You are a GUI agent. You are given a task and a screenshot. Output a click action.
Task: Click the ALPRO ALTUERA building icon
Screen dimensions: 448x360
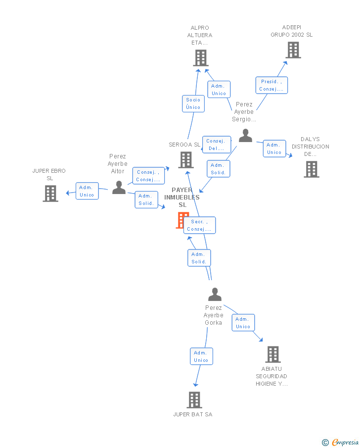click(200, 58)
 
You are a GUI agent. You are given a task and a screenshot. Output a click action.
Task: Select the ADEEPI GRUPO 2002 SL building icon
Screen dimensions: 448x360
click(293, 50)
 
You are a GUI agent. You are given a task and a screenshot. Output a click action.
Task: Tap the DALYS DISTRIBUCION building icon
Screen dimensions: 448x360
click(311, 169)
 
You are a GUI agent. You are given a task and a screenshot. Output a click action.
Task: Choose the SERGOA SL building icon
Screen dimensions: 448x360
click(185, 160)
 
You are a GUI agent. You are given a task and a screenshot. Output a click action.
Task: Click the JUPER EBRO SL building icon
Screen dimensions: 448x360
click(50, 194)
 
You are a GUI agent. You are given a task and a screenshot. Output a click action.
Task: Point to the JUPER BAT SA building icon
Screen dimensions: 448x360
click(194, 400)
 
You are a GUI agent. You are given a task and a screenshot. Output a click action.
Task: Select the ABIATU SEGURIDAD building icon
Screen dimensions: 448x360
click(272, 354)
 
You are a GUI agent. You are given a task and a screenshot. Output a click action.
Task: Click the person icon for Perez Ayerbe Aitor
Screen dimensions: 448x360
click(119, 188)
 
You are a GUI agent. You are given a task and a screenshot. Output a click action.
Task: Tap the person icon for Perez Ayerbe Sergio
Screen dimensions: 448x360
click(245, 136)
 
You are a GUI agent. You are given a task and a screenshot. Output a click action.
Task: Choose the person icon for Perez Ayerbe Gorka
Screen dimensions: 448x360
click(215, 295)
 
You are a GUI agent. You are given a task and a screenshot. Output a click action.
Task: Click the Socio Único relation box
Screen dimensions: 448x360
click(193, 103)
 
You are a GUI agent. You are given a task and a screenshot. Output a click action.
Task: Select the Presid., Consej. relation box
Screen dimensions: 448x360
click(271, 85)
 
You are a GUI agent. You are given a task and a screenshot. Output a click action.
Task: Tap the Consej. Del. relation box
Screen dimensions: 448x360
click(216, 145)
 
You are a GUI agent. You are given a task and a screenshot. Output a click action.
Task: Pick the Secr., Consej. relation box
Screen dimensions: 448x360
click(199, 225)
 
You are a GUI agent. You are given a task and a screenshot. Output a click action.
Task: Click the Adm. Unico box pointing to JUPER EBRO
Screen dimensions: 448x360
click(87, 191)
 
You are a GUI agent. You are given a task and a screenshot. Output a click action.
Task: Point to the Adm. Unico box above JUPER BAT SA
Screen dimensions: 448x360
click(201, 356)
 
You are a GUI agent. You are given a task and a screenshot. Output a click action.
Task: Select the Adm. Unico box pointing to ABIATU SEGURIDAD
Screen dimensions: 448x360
click(243, 323)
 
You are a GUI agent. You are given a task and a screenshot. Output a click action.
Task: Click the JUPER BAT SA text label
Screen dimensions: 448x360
click(192, 414)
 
